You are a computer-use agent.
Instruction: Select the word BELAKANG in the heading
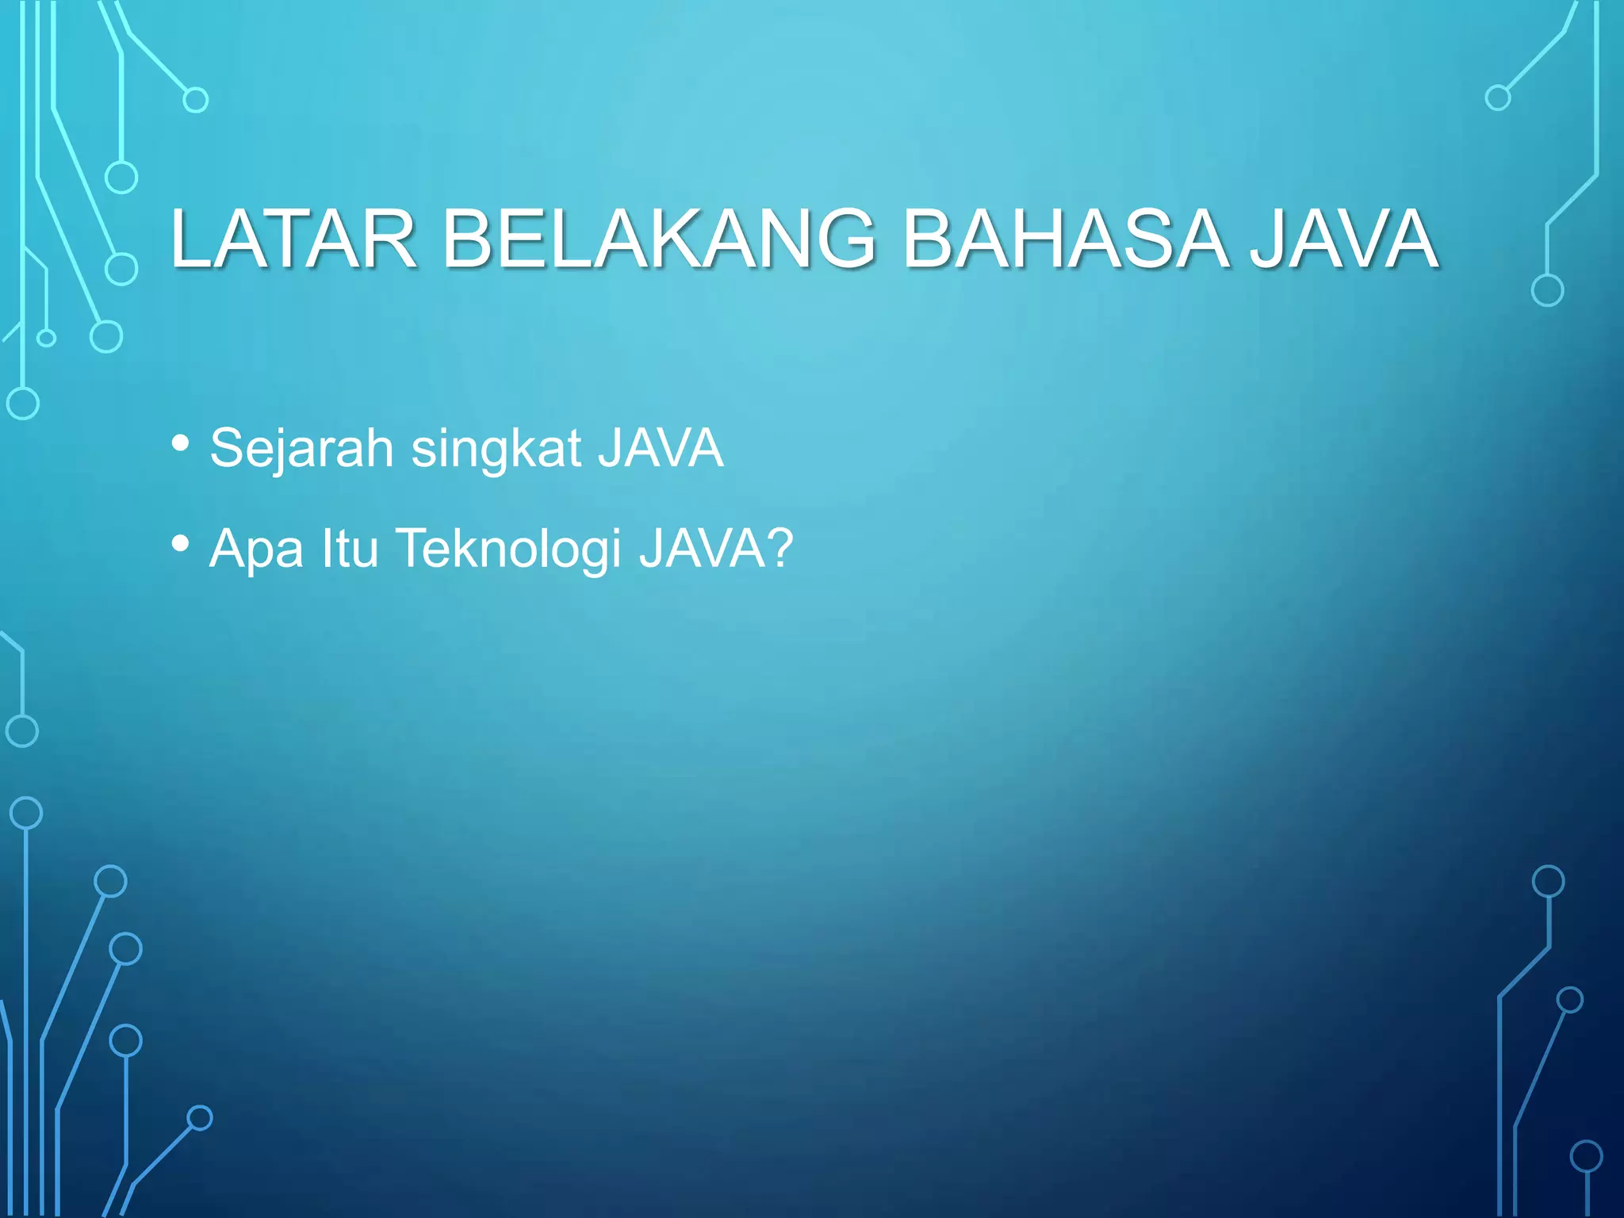click(658, 239)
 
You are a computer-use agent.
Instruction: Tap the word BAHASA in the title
click(1065, 239)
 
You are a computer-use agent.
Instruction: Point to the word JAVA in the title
click(1344, 239)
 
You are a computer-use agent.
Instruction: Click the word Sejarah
click(301, 448)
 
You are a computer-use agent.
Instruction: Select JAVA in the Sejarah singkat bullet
click(660, 448)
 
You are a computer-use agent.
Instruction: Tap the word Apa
click(256, 549)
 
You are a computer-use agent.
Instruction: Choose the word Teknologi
click(508, 549)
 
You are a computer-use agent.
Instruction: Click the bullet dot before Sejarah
click(181, 443)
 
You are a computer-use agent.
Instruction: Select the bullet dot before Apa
click(181, 544)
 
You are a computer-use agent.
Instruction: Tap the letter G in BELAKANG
click(840, 239)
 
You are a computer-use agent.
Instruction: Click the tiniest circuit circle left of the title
click(47, 339)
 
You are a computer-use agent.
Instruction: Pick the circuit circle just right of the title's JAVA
click(1547, 290)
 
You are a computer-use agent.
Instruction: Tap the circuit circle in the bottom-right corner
click(1586, 1156)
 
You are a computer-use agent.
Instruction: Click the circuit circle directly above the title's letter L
click(195, 100)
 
